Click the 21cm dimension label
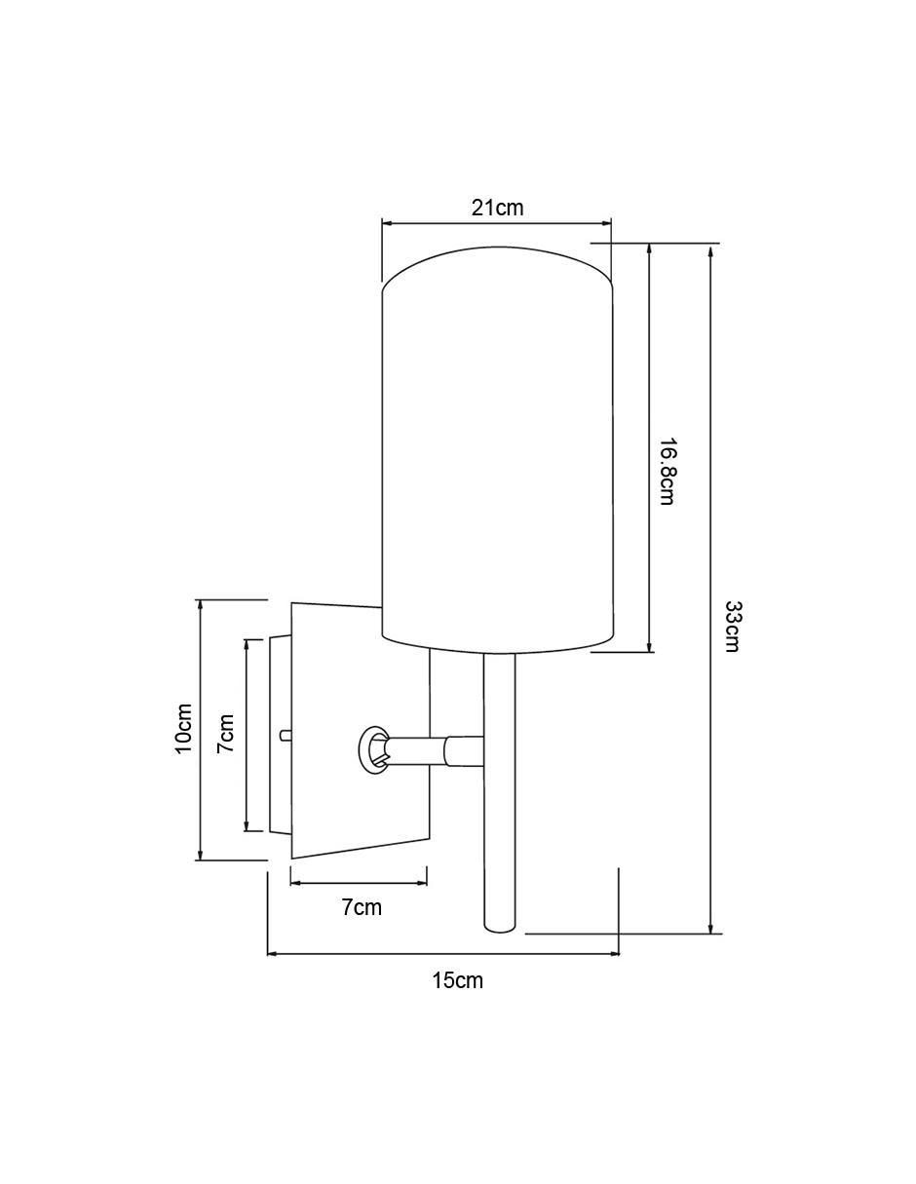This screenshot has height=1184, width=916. (x=497, y=208)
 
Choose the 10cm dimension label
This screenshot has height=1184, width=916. (x=183, y=729)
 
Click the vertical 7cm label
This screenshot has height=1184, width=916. (x=225, y=734)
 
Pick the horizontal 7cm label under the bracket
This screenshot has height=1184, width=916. (x=363, y=907)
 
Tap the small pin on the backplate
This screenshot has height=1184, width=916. (x=285, y=735)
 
